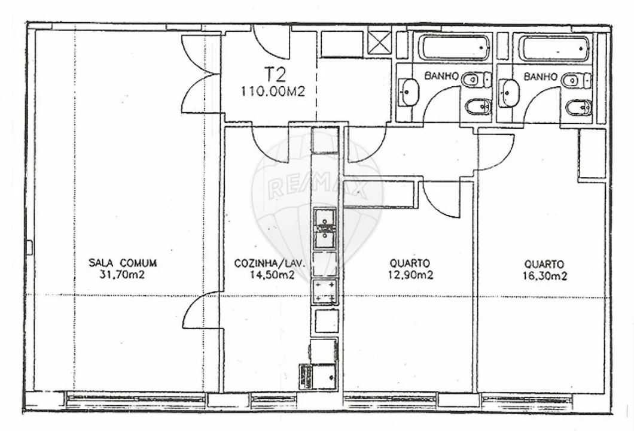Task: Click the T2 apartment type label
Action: [x=275, y=75]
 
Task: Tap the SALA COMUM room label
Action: [x=123, y=262]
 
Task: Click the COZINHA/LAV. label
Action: [x=269, y=263]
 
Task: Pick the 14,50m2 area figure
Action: [x=271, y=275]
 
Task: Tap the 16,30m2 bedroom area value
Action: [x=544, y=275]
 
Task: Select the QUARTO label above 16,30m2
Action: [x=544, y=263]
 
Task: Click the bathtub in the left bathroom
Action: [x=453, y=48]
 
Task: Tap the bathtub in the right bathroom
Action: [x=554, y=48]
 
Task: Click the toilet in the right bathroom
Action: [x=577, y=80]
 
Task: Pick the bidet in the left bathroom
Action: [x=478, y=107]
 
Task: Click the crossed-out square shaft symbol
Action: [x=378, y=43]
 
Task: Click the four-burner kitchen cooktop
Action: [x=325, y=292]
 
